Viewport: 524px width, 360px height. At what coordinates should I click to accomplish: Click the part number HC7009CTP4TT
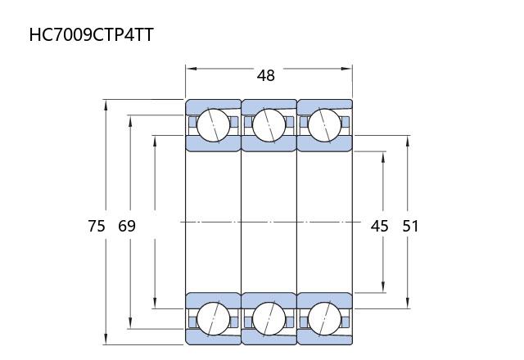coord(91,34)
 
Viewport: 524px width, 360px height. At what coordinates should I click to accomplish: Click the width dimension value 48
coord(266,75)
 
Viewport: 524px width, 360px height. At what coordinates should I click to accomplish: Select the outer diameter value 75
coord(97,226)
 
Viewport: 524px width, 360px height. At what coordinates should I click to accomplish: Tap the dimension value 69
coord(127,226)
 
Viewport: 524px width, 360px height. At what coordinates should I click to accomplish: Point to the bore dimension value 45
coord(380,226)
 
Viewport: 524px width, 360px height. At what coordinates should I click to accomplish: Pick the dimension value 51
coord(410,226)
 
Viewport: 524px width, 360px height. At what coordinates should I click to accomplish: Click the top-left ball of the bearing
coord(213,125)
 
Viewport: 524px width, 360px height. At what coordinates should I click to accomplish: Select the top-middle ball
coord(269,125)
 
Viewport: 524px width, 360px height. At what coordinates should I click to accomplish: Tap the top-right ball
coord(324,125)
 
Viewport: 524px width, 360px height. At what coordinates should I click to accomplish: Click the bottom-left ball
coord(213,318)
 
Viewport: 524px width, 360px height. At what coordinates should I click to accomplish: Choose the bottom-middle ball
coord(269,318)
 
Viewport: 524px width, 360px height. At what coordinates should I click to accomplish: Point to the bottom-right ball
coord(324,318)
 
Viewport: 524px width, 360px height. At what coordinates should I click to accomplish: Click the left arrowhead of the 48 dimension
coord(191,69)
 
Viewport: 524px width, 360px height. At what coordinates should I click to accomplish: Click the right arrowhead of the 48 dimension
coord(346,69)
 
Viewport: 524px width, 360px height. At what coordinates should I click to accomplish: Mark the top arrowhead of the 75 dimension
coord(106,105)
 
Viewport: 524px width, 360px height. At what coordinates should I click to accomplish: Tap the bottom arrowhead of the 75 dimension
coord(106,339)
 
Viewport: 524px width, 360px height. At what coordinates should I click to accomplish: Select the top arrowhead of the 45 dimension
coord(383,157)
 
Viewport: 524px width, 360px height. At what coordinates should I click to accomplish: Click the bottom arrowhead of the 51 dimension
coord(408,304)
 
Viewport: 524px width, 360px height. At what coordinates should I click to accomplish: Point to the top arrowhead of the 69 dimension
coord(130,120)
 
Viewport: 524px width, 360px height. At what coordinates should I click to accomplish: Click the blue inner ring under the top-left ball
coord(213,144)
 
